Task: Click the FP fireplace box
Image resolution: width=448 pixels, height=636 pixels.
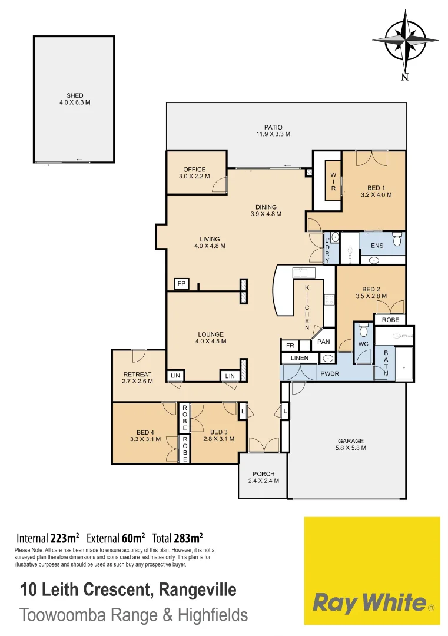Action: [x=181, y=284]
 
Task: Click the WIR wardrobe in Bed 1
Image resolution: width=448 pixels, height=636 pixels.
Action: [x=333, y=181]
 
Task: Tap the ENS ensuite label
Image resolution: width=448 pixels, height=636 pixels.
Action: [x=376, y=246]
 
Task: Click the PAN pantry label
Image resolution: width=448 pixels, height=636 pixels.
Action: [x=323, y=342]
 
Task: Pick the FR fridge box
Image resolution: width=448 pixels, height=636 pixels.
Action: [x=290, y=346]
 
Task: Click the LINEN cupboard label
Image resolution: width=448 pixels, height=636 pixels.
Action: [x=300, y=358]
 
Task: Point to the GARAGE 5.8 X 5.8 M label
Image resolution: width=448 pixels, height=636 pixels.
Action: [x=351, y=444]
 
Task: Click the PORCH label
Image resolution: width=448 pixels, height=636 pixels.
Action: [x=263, y=477]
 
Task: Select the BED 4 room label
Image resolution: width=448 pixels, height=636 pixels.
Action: [x=145, y=435]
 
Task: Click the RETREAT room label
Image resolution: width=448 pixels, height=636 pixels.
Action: [x=138, y=377]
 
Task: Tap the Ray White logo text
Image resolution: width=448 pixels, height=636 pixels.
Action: [x=370, y=602]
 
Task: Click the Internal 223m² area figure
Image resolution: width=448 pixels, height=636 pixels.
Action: [x=48, y=538]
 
